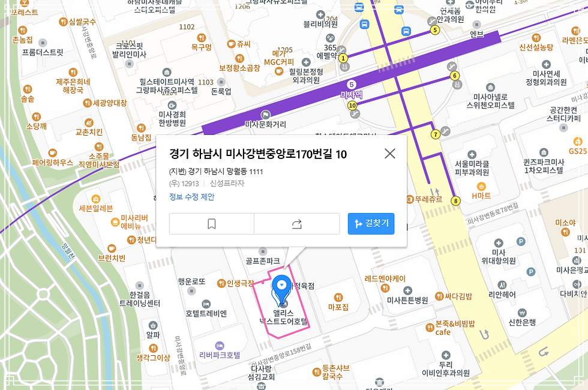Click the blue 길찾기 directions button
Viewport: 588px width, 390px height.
tap(371, 223)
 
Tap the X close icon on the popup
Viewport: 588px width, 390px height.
tap(390, 154)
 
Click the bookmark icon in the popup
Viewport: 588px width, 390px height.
tap(211, 224)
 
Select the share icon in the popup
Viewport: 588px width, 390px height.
tap(296, 224)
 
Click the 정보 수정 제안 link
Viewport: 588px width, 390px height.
tap(191, 197)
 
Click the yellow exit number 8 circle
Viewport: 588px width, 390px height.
tap(456, 200)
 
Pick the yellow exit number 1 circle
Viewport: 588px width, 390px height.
tap(343, 58)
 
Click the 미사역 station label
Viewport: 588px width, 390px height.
tap(351, 94)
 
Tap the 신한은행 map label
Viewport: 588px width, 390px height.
tap(522, 322)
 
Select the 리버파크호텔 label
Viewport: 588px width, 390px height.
tap(220, 355)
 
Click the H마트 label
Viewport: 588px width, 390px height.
tap(481, 196)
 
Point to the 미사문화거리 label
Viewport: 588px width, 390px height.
tap(266, 124)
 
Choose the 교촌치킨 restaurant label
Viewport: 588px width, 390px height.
tap(89, 131)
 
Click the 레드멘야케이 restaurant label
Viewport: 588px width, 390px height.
tap(385, 278)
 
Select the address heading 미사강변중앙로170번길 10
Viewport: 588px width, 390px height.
tap(258, 154)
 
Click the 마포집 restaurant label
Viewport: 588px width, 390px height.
tap(338, 307)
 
